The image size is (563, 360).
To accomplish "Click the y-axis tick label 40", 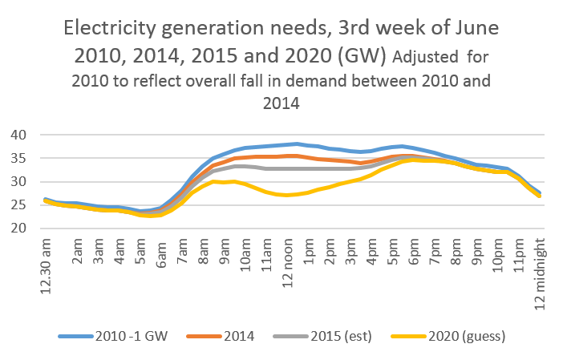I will click(x=18, y=135).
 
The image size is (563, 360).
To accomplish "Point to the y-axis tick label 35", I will click(x=18, y=158).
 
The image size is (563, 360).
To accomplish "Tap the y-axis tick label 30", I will click(x=18, y=182).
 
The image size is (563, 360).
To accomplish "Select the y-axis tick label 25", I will click(x=18, y=205).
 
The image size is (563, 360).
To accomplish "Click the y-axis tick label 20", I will click(x=18, y=229).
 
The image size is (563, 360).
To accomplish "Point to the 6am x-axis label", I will click(x=163, y=249).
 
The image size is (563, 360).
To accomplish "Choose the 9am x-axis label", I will click(x=227, y=249).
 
